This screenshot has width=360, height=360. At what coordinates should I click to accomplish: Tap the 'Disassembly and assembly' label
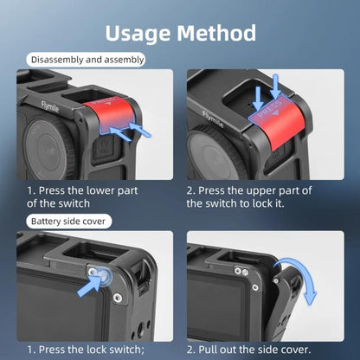pyautogui.click(x=87, y=60)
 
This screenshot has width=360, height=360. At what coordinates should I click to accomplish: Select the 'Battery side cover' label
pyautogui.click(x=67, y=221)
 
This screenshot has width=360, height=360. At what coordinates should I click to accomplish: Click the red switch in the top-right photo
pyautogui.click(x=280, y=121)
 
